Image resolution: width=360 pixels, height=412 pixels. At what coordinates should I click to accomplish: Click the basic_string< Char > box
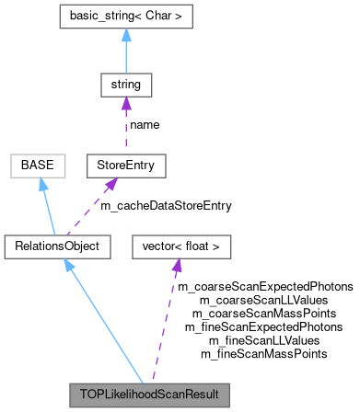coord(125,17)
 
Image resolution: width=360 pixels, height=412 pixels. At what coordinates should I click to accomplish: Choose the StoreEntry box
coord(125,166)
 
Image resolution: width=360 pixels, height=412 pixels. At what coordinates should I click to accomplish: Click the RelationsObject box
coord(57,246)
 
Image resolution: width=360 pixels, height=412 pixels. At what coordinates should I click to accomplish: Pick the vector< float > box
coord(181,246)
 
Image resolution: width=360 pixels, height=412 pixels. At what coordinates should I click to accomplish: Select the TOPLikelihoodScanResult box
coord(148,395)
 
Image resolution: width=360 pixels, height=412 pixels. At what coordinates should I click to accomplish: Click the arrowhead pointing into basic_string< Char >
coord(125,34)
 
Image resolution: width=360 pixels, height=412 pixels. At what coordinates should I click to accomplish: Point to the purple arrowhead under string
coord(125,103)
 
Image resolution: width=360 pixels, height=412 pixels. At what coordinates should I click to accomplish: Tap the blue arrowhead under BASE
coord(42,184)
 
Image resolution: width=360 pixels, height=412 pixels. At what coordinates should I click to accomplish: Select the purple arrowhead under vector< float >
coord(177,265)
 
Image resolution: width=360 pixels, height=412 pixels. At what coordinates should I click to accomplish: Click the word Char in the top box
coord(157,17)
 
